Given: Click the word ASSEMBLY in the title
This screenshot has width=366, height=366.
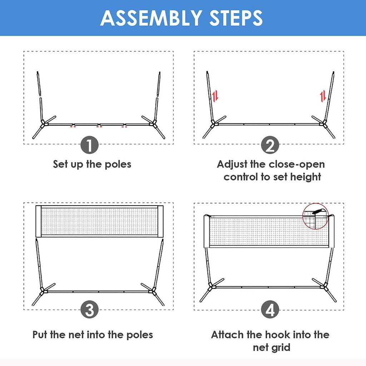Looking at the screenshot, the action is coord(151,18).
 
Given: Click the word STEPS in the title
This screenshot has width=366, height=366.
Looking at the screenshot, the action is coord(236,18).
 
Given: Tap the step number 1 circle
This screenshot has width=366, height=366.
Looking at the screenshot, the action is coord(89,145).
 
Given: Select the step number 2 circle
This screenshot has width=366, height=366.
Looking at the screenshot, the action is coord(270,145).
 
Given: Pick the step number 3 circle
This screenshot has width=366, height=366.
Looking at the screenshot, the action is coord(89,310).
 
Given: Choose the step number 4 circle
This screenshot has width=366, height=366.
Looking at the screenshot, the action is coord(270,310).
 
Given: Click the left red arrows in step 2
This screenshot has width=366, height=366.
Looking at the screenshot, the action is coord(215,96).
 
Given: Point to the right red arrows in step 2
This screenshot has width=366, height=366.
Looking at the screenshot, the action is coord(323,96).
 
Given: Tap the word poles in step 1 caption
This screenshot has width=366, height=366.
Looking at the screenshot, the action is coord(118,164).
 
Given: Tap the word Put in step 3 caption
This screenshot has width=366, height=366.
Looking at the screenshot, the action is coord(40,335).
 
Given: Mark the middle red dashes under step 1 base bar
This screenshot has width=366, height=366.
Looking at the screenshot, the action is coord(99,127).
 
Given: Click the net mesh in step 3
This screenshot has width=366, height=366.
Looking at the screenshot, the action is coord(99,221).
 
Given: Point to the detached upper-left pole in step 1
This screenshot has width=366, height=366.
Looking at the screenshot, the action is coord(39,84).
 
